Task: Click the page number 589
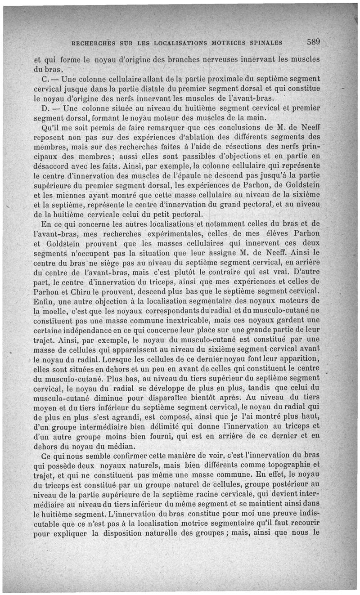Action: (313, 43)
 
